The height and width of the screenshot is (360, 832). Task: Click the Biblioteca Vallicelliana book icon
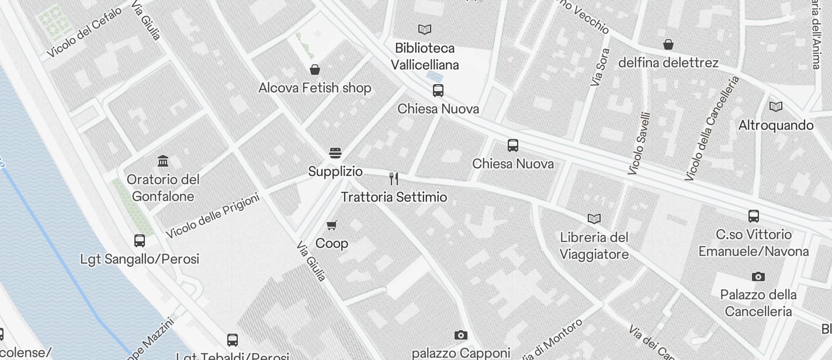point(425,29)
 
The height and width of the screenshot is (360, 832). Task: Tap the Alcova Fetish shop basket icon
point(315,70)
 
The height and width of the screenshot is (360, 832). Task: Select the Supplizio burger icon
point(335,154)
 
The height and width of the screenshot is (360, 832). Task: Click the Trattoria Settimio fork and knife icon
point(394,179)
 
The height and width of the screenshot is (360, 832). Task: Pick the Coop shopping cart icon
point(332,225)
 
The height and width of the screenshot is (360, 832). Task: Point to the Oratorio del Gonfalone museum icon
point(163,161)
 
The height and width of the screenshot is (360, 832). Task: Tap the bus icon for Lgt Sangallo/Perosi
point(140,240)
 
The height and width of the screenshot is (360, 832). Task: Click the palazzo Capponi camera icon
point(461,335)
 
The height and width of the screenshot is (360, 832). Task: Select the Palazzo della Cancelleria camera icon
point(758,276)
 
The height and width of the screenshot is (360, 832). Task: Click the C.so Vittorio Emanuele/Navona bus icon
point(754,216)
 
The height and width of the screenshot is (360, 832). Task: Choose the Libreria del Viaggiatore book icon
point(594,219)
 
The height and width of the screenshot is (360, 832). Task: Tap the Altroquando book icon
point(776,106)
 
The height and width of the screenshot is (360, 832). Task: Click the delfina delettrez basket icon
point(668,44)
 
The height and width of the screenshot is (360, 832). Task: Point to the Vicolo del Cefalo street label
point(85,32)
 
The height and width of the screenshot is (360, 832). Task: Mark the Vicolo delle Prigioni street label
point(213,216)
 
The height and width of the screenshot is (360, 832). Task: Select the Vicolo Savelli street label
point(639,143)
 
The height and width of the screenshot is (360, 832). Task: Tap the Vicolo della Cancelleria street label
point(712,128)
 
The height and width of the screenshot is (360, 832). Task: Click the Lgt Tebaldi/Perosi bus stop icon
point(233,340)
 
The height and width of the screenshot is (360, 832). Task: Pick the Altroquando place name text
point(776,125)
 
